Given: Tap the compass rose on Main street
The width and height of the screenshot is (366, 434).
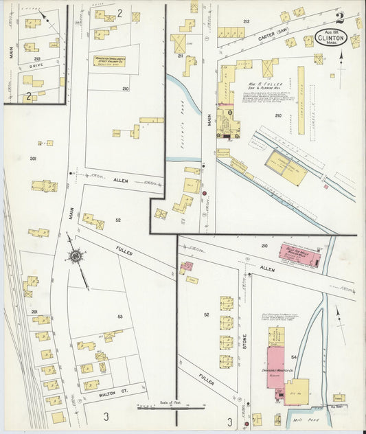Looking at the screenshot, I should click(74, 258).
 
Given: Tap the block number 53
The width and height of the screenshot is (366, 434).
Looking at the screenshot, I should click(120, 317).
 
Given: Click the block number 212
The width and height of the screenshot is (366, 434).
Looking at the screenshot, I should click(245, 22).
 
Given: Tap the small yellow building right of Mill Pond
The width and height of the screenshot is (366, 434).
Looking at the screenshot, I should click(339, 398).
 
